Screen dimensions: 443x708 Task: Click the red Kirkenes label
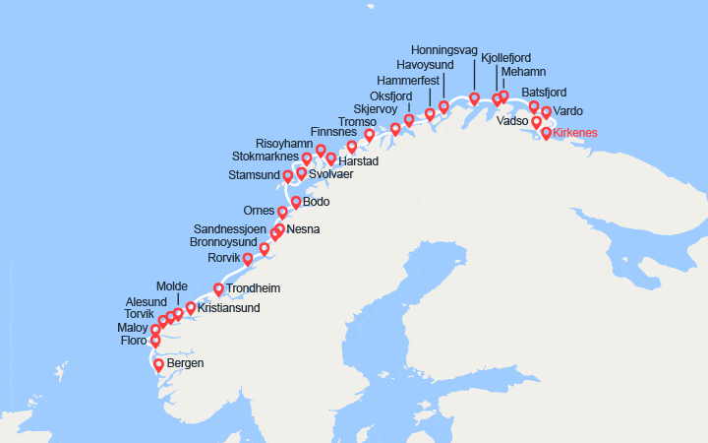click(x=575, y=133)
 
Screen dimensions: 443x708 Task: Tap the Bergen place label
click(x=186, y=363)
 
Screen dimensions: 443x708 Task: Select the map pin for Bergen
click(x=159, y=365)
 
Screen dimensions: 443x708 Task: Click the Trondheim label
click(x=254, y=289)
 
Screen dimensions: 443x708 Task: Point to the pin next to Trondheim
click(x=219, y=289)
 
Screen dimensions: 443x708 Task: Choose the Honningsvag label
click(x=443, y=50)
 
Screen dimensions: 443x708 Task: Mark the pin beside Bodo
click(x=295, y=203)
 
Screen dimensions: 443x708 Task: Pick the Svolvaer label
click(x=330, y=175)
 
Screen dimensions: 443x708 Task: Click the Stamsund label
click(x=254, y=176)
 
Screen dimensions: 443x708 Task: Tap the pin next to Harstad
click(x=331, y=158)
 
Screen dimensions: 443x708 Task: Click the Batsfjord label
click(x=547, y=93)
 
